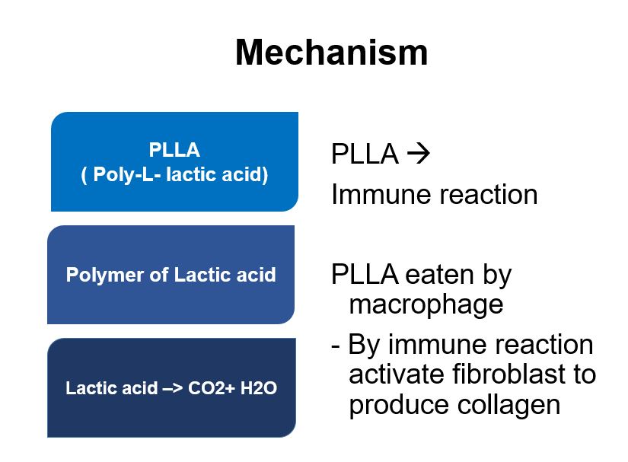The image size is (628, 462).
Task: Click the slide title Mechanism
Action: (332, 53)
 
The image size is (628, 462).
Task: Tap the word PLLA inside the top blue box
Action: (174, 150)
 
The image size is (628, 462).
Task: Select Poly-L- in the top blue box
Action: (123, 174)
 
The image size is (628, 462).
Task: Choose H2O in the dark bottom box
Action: (258, 388)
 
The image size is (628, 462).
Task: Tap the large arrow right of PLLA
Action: (418, 153)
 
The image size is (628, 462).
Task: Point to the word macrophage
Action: (426, 305)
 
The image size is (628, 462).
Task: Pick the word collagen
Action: (508, 405)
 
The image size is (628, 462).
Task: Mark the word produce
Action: (399, 405)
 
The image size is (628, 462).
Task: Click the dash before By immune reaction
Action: (335, 345)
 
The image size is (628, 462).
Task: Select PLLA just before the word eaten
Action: (365, 275)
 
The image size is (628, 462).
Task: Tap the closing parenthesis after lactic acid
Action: (265, 175)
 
